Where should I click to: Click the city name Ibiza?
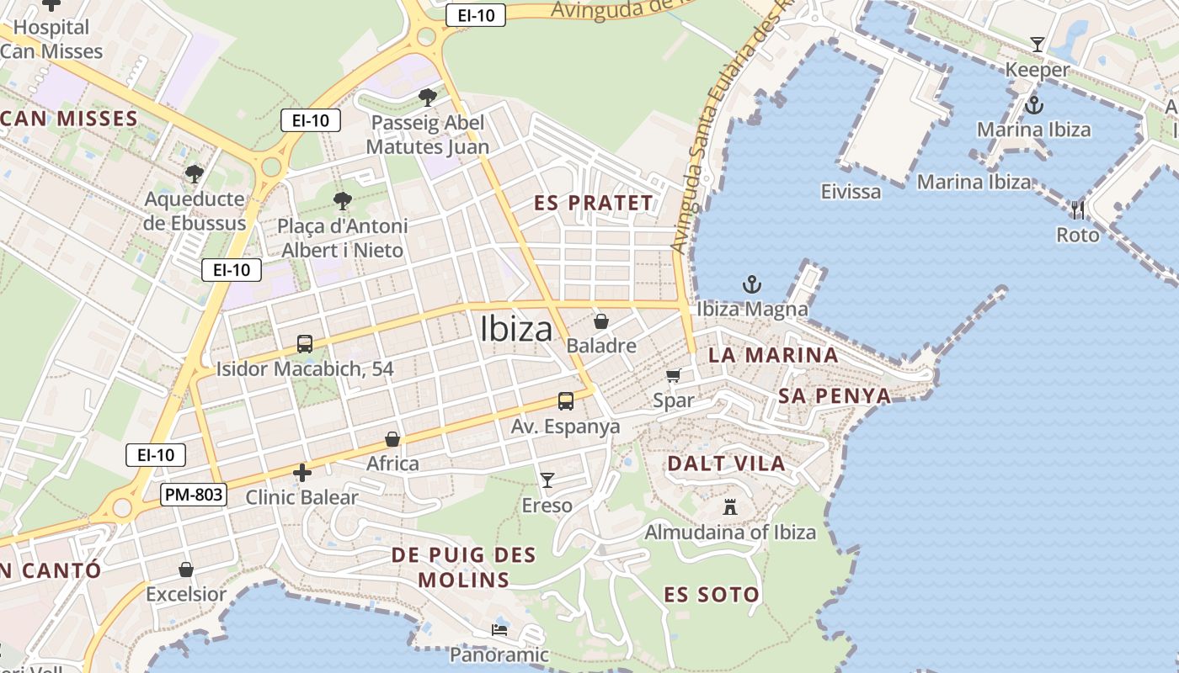click(516, 329)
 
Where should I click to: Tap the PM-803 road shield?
click(194, 495)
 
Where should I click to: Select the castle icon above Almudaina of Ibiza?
click(730, 507)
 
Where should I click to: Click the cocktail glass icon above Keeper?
click(1038, 45)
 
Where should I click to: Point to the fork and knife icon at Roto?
click(1078, 209)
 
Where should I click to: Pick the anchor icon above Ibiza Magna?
click(751, 284)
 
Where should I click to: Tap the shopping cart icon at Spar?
click(673, 375)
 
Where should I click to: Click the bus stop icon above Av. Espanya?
click(566, 401)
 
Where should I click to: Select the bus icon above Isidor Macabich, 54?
click(305, 344)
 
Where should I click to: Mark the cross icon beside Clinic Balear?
click(302, 473)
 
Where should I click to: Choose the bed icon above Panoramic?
click(499, 630)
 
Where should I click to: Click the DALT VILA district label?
click(726, 463)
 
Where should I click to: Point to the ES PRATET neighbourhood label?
click(594, 203)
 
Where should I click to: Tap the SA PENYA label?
click(835, 396)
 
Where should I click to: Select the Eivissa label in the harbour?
click(851, 192)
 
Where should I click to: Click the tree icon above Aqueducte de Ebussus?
click(195, 174)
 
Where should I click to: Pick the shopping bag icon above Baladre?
click(601, 321)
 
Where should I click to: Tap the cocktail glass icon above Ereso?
click(547, 480)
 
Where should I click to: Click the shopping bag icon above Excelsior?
click(186, 570)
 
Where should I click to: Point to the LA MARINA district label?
click(773, 355)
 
